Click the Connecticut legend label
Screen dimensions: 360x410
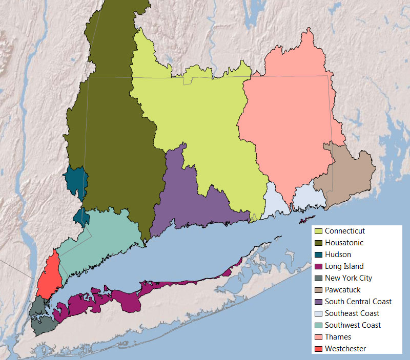pos(344,231)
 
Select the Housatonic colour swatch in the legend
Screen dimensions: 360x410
pos(318,243)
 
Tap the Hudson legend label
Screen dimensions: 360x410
pos(338,255)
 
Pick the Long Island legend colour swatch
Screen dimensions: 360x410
pos(318,266)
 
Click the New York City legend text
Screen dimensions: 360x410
pos(348,278)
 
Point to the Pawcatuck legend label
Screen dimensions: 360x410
pos(342,290)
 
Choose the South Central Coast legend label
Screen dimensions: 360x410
pos(358,302)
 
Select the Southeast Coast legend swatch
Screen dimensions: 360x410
pos(318,313)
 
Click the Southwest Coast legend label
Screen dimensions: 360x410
pos(353,325)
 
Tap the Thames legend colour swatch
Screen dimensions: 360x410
pos(318,337)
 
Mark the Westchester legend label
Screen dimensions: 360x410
pos(345,349)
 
